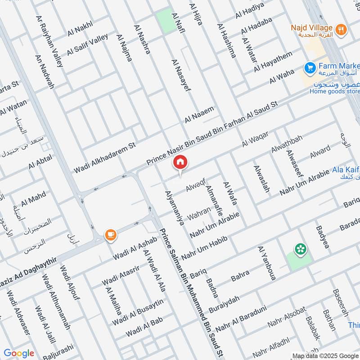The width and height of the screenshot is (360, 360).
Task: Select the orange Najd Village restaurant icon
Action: tap(341, 30)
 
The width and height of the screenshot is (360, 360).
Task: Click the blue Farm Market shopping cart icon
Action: tap(309, 68)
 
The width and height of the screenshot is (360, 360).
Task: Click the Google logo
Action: tap(19, 353)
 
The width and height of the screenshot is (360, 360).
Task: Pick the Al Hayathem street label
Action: tap(273, 61)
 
